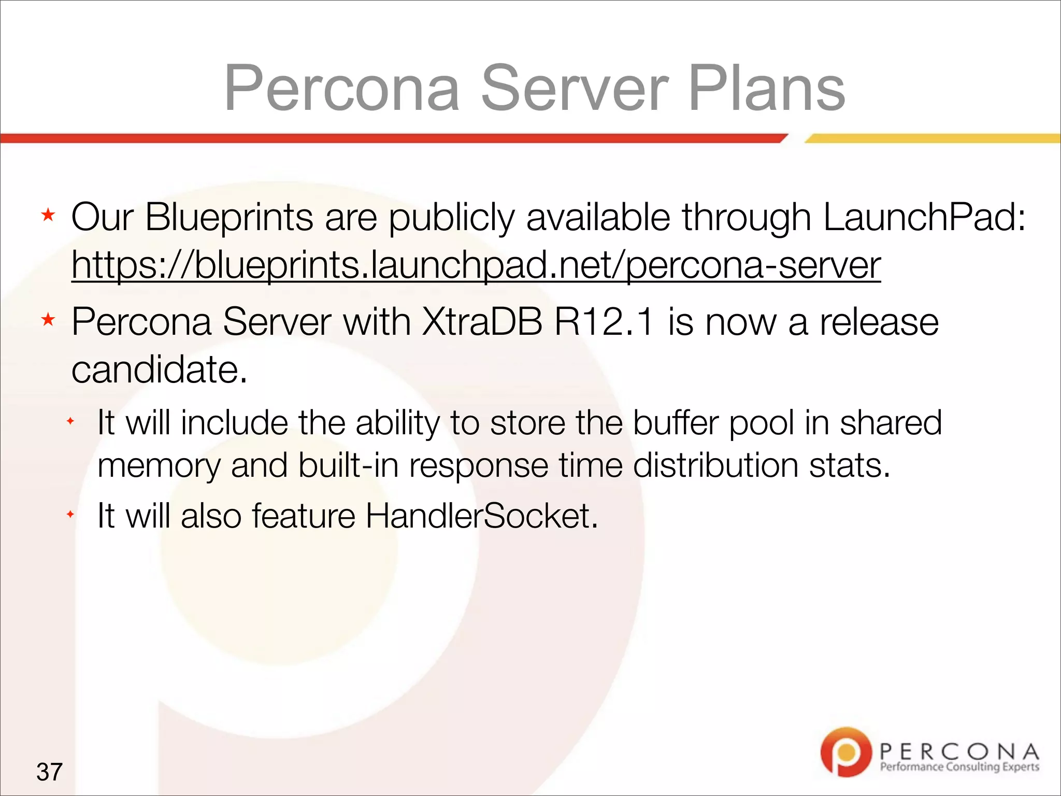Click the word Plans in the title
point(767,88)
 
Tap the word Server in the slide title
point(575,88)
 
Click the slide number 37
point(49,772)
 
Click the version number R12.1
point(604,322)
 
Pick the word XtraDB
point(482,322)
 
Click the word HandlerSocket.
point(482,516)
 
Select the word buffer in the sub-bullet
point(676,422)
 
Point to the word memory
point(159,465)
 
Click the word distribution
point(715,465)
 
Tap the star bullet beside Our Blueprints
point(48,215)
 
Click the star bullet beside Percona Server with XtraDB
point(48,320)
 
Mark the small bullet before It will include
point(70,421)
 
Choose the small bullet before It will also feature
point(70,515)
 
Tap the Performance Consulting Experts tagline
point(959,767)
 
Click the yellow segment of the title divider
point(933,138)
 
